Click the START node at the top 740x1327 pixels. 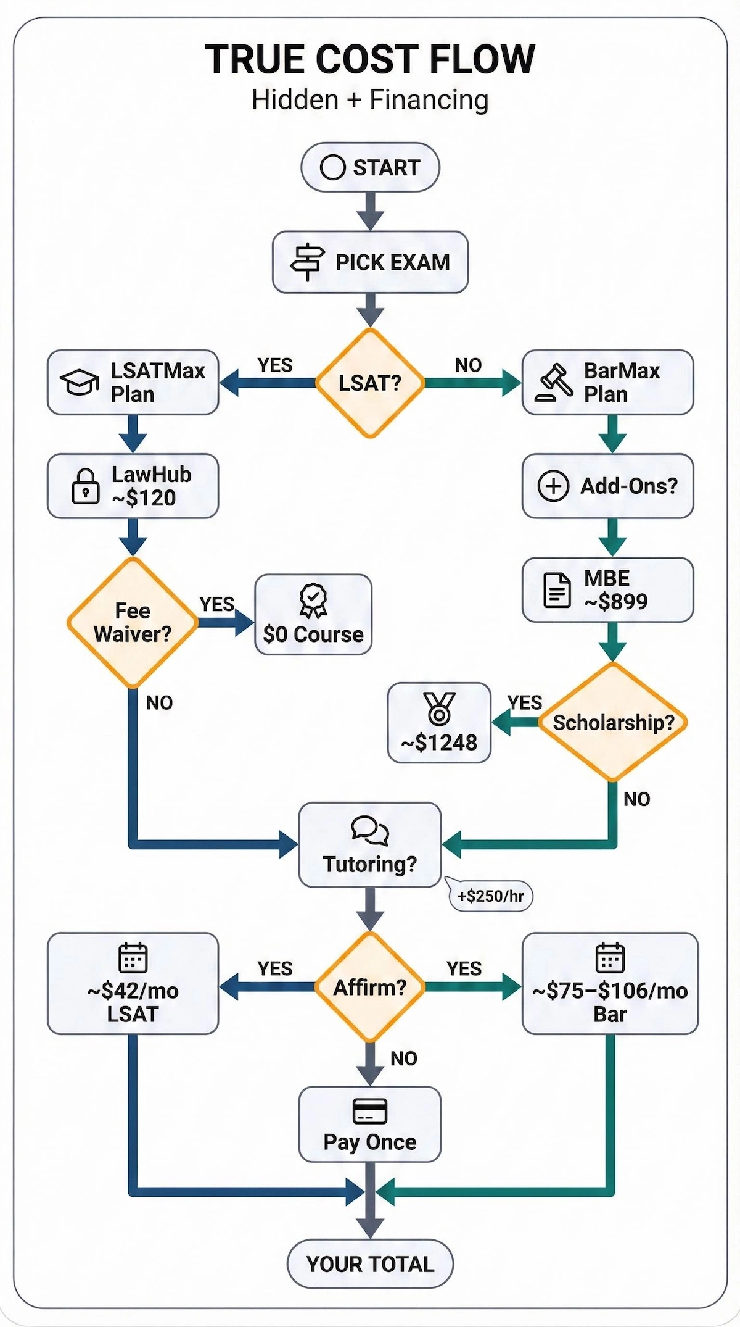click(370, 167)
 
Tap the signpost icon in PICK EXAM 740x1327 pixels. click(307, 262)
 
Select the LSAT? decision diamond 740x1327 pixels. click(370, 383)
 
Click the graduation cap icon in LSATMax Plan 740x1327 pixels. click(79, 383)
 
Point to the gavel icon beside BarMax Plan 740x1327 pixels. click(554, 383)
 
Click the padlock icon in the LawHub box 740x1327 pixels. click(86, 486)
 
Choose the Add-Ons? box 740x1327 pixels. click(607, 486)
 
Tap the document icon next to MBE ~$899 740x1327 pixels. click(557, 590)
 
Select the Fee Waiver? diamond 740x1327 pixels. click(133, 623)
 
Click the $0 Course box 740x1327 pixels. click(313, 615)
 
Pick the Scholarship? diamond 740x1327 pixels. click(613, 722)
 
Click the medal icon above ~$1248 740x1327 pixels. click(439, 708)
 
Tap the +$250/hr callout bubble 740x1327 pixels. click(491, 896)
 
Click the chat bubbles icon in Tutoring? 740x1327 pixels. click(370, 831)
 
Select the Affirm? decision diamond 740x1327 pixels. click(370, 988)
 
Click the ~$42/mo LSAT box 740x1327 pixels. click(133, 984)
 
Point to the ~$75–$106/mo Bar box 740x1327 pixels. click(610, 984)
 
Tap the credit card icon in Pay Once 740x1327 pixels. click(370, 1111)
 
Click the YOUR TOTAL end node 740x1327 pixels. click(370, 1263)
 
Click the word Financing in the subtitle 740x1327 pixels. click(429, 100)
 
